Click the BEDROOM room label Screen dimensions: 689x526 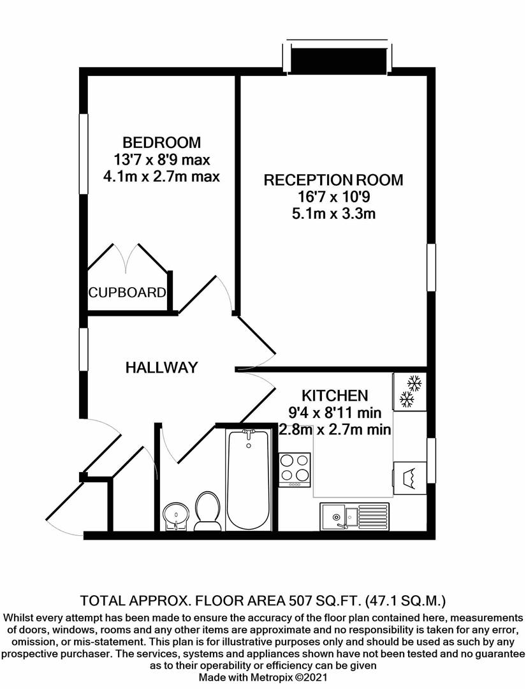[161, 142]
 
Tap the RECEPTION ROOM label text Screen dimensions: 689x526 [333, 180]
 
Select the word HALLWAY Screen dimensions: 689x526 [161, 367]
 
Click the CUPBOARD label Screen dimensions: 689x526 [128, 293]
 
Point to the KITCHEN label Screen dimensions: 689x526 [334, 396]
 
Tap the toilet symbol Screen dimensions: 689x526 [207, 510]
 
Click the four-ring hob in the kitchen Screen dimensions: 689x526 [295, 470]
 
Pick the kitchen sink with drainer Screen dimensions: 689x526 [354, 515]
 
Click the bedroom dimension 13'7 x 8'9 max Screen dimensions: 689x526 [161, 159]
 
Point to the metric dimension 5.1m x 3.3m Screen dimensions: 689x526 [333, 214]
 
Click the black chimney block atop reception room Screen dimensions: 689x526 [339, 60]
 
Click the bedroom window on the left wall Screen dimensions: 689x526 [83, 153]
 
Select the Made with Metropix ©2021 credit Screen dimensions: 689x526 [263, 676]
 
